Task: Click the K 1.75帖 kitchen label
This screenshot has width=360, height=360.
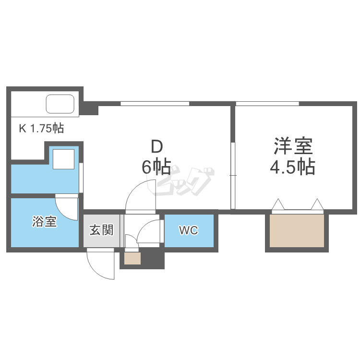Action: pos(41,128)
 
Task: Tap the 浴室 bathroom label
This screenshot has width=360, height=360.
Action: pos(45,222)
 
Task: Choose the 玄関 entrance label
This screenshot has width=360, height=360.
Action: pos(101,230)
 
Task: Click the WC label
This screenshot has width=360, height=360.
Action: pos(189,231)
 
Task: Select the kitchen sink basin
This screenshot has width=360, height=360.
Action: pos(60,104)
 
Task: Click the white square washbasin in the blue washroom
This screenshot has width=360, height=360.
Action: pos(64,159)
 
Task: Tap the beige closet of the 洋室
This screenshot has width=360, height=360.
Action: pos(297,231)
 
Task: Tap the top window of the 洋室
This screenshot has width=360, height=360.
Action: pos(268,103)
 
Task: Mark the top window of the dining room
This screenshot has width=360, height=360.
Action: pos(155,103)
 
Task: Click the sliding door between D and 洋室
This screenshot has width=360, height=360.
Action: pos(233,176)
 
